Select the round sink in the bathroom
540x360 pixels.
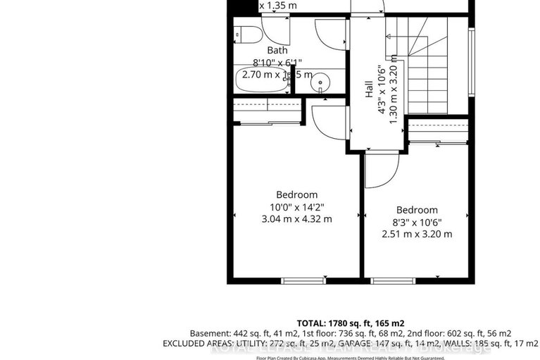(321, 82)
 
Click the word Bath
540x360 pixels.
(277, 50)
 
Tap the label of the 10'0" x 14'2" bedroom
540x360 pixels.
(296, 194)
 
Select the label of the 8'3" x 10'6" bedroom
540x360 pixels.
(417, 210)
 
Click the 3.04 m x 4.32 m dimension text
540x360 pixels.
(296, 219)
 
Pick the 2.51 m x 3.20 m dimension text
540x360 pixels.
(417, 234)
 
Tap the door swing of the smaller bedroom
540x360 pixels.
(380, 171)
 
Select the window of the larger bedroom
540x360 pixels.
(303, 280)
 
